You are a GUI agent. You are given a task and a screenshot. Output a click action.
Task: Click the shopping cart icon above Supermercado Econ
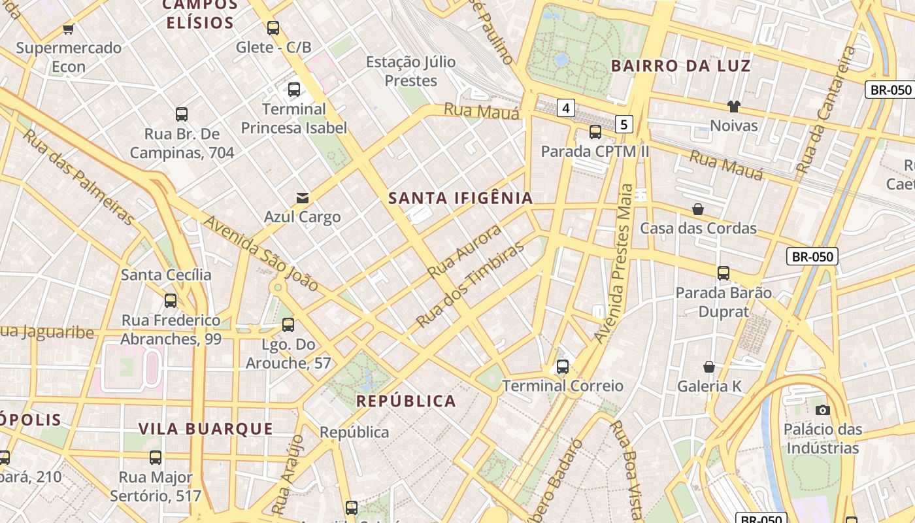click(68, 29)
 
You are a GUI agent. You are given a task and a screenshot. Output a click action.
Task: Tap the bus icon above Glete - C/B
click(273, 28)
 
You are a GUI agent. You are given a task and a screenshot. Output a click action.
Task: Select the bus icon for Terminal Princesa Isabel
click(294, 90)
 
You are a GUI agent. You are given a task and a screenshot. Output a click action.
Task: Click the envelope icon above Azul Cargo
click(303, 197)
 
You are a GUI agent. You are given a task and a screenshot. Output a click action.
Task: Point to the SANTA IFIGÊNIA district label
click(461, 198)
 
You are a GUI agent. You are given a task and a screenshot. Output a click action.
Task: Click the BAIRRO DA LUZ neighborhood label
click(680, 65)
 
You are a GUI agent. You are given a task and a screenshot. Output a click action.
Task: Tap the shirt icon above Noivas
click(734, 106)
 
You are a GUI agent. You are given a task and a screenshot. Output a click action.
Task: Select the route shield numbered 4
click(565, 108)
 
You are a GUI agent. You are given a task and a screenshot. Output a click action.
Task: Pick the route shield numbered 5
click(624, 124)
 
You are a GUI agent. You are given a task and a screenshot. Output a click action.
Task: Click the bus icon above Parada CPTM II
click(595, 132)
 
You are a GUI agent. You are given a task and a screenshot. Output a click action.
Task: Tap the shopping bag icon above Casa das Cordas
click(698, 209)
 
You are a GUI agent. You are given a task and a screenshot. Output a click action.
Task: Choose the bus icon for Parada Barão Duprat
click(724, 273)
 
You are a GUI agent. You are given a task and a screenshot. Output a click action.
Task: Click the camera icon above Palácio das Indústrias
click(823, 410)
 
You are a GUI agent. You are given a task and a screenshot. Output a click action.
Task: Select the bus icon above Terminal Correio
click(563, 367)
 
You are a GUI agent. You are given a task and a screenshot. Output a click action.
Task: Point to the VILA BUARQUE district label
click(205, 429)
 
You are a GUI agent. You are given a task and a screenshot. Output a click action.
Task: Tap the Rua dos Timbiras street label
click(471, 284)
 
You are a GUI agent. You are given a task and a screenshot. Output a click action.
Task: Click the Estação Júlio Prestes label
click(410, 71)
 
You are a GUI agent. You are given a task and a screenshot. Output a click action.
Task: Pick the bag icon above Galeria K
click(709, 367)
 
